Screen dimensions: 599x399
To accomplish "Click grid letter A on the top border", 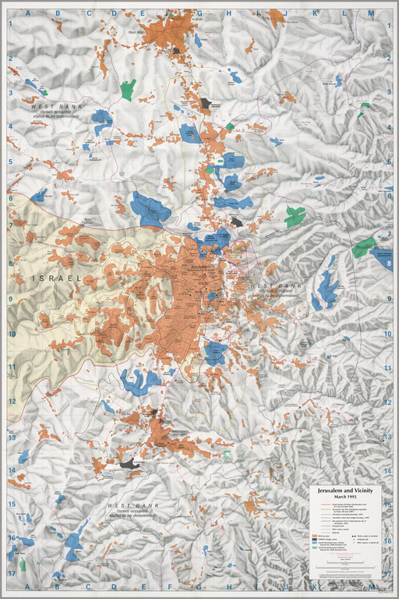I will [26, 13].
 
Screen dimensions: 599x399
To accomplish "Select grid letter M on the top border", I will [370, 13].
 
